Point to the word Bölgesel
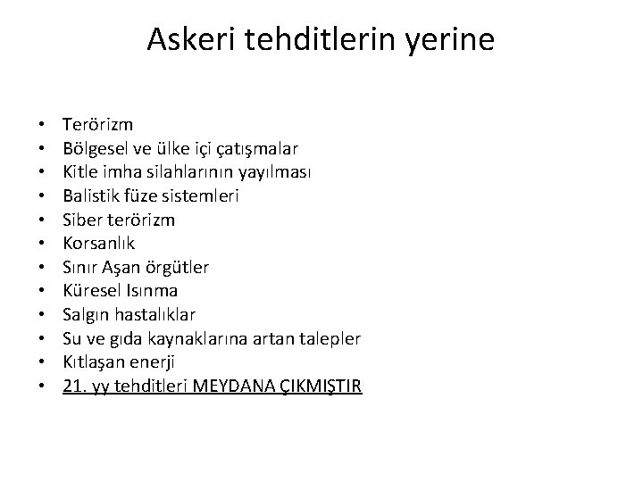pyautogui.click(x=93, y=147)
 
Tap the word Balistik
pyautogui.click(x=90, y=195)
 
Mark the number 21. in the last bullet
pyautogui.click(x=74, y=386)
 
